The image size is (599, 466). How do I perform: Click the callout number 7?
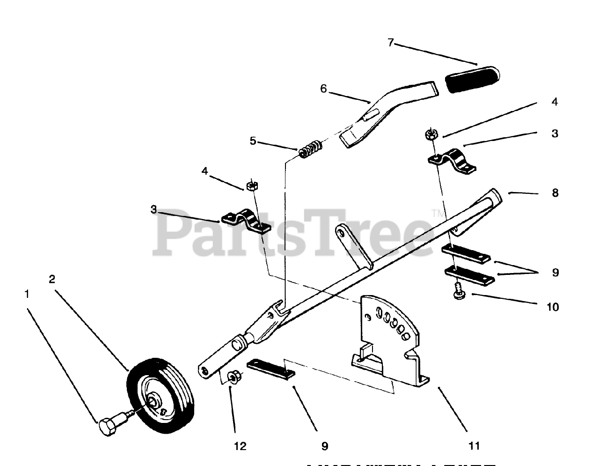pyautogui.click(x=391, y=43)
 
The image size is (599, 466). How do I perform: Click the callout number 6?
pyautogui.click(x=323, y=89)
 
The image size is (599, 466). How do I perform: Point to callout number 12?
pyautogui.click(x=240, y=446)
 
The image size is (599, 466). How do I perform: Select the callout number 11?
pyautogui.click(x=474, y=446)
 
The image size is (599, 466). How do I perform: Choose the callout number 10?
pyautogui.click(x=553, y=307)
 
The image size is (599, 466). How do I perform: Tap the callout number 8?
pyautogui.click(x=555, y=192)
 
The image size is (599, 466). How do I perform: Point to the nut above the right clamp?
pyautogui.click(x=431, y=134)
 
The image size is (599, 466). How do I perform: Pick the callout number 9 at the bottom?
pyautogui.click(x=324, y=446)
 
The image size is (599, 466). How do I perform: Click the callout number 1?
pyautogui.click(x=27, y=294)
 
